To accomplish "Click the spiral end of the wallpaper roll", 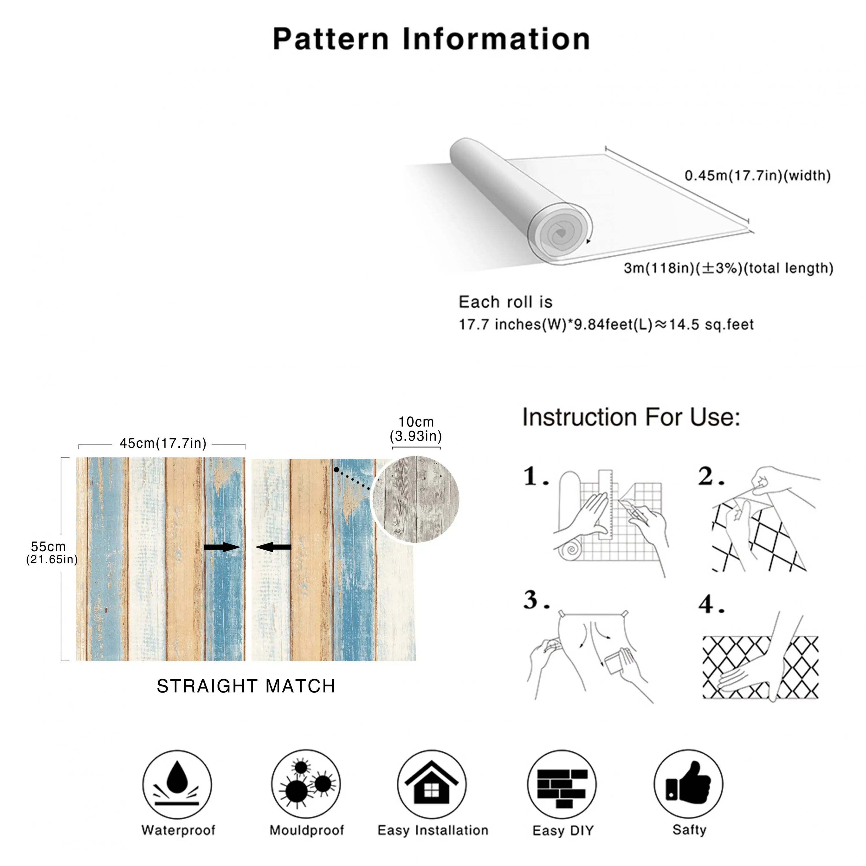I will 560,233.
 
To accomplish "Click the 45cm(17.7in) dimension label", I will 163,443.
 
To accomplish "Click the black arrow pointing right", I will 222,547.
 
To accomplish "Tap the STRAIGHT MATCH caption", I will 246,686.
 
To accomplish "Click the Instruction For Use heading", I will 631,417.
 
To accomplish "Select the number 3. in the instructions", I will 536,600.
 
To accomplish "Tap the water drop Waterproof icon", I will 177,784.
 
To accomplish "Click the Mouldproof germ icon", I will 306,784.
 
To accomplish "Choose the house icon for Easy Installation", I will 431,784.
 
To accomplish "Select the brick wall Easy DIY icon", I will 562,784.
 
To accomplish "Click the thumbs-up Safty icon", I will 688,784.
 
